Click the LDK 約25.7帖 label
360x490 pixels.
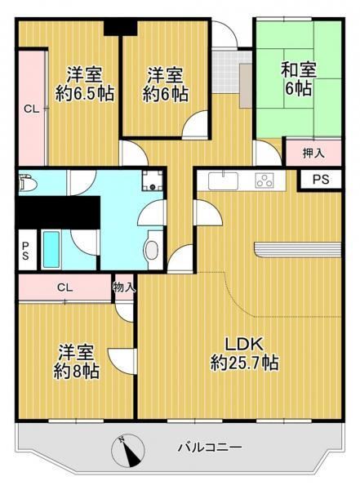(244, 354)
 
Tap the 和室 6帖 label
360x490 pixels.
(298, 78)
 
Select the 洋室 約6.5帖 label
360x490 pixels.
(84, 83)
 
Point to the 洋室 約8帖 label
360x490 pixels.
(76, 362)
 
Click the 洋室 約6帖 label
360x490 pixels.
(166, 84)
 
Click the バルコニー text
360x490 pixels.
(210, 448)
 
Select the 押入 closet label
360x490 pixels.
(313, 154)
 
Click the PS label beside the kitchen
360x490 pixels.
(321, 180)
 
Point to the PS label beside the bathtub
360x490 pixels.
(25, 251)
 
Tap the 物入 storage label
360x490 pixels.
(124, 287)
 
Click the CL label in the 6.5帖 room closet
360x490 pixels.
(32, 109)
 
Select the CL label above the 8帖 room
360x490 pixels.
(65, 287)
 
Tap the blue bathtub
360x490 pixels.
(51, 249)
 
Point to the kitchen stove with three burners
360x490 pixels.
(264, 180)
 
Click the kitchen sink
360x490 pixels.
(224, 180)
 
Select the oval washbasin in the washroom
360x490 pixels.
(152, 249)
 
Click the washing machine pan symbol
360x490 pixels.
(152, 181)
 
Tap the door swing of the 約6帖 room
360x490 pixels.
(194, 124)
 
